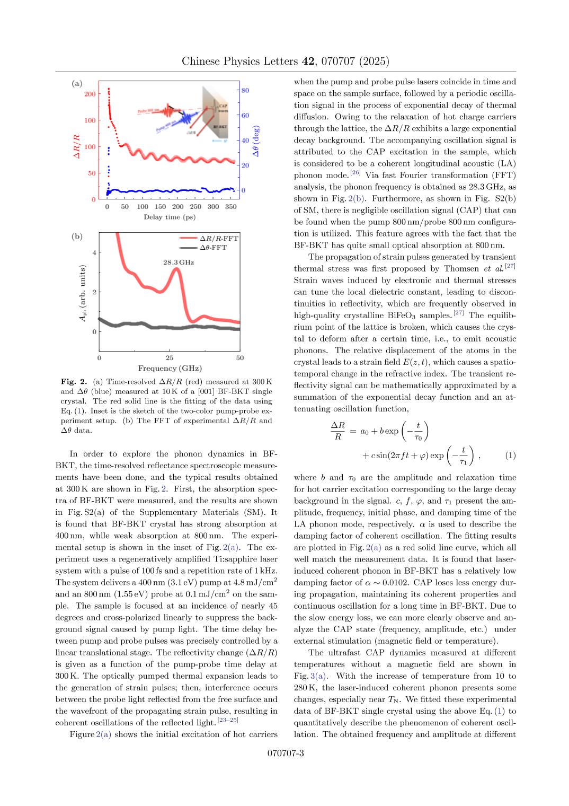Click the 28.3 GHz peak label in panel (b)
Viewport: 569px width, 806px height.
click(x=178, y=262)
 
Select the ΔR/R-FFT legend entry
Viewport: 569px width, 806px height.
click(x=219, y=239)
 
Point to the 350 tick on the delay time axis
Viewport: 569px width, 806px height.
click(x=230, y=207)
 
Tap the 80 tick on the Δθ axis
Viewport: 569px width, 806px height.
click(x=245, y=91)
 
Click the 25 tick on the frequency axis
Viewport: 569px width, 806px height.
click(x=170, y=358)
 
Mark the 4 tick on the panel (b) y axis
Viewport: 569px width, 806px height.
click(x=94, y=252)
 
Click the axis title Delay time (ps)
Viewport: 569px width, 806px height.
click(x=170, y=217)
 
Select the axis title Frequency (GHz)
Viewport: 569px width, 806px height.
click(x=170, y=368)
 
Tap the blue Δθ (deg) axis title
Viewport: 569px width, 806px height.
click(x=256, y=141)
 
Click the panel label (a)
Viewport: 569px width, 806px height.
click(x=77, y=84)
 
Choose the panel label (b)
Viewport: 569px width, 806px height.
click(x=77, y=236)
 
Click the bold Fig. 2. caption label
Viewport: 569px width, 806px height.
click(x=74, y=381)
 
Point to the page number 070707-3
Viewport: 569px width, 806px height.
click(x=285, y=754)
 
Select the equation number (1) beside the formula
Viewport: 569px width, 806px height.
click(x=510, y=455)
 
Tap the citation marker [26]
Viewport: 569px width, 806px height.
click(x=355, y=172)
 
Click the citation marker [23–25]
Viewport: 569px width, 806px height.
click(x=228, y=720)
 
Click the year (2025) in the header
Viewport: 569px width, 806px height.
click(x=374, y=62)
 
